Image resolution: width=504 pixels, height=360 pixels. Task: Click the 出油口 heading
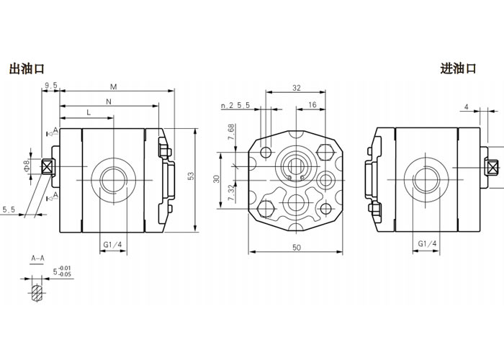[27, 69]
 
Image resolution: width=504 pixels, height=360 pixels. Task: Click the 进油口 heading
[459, 69]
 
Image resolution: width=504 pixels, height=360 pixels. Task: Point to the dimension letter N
[109, 101]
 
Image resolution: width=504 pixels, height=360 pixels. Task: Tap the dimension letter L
[89, 114]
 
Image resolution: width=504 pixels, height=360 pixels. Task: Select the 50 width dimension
[296, 246]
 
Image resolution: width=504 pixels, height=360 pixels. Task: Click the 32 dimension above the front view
[296, 87]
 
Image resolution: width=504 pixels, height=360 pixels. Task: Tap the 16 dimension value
[312, 105]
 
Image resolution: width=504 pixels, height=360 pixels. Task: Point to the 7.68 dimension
[230, 134]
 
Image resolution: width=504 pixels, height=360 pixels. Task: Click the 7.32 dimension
[230, 193]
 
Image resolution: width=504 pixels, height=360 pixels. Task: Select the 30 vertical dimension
[217, 177]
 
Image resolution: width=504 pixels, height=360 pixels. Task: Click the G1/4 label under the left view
[114, 245]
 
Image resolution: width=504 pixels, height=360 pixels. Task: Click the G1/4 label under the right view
[428, 245]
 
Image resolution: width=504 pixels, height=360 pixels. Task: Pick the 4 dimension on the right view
[467, 107]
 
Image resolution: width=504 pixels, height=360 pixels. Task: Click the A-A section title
[37, 257]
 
